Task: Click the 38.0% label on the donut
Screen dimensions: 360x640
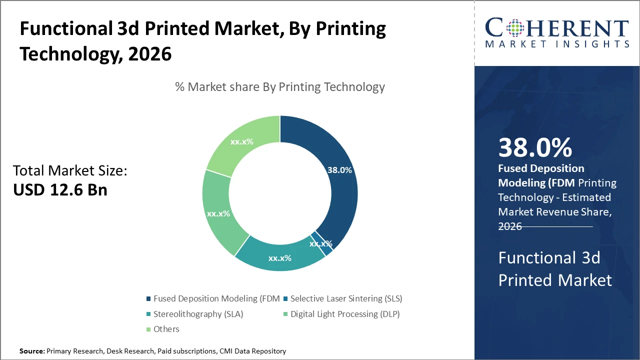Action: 339,170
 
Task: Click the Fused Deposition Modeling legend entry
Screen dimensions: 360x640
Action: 212,298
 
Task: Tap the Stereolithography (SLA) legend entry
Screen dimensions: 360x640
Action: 198,314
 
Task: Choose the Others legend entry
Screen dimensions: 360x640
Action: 166,329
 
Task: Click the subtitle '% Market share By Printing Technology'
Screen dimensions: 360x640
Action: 280,87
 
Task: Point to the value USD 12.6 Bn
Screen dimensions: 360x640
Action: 60,190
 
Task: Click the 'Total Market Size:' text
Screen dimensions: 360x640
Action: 70,171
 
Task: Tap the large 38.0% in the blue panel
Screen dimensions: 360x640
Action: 535,148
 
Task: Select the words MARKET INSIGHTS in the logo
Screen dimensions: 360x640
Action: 557,44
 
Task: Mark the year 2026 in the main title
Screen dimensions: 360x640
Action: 150,53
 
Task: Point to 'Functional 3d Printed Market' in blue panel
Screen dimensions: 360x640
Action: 555,269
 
